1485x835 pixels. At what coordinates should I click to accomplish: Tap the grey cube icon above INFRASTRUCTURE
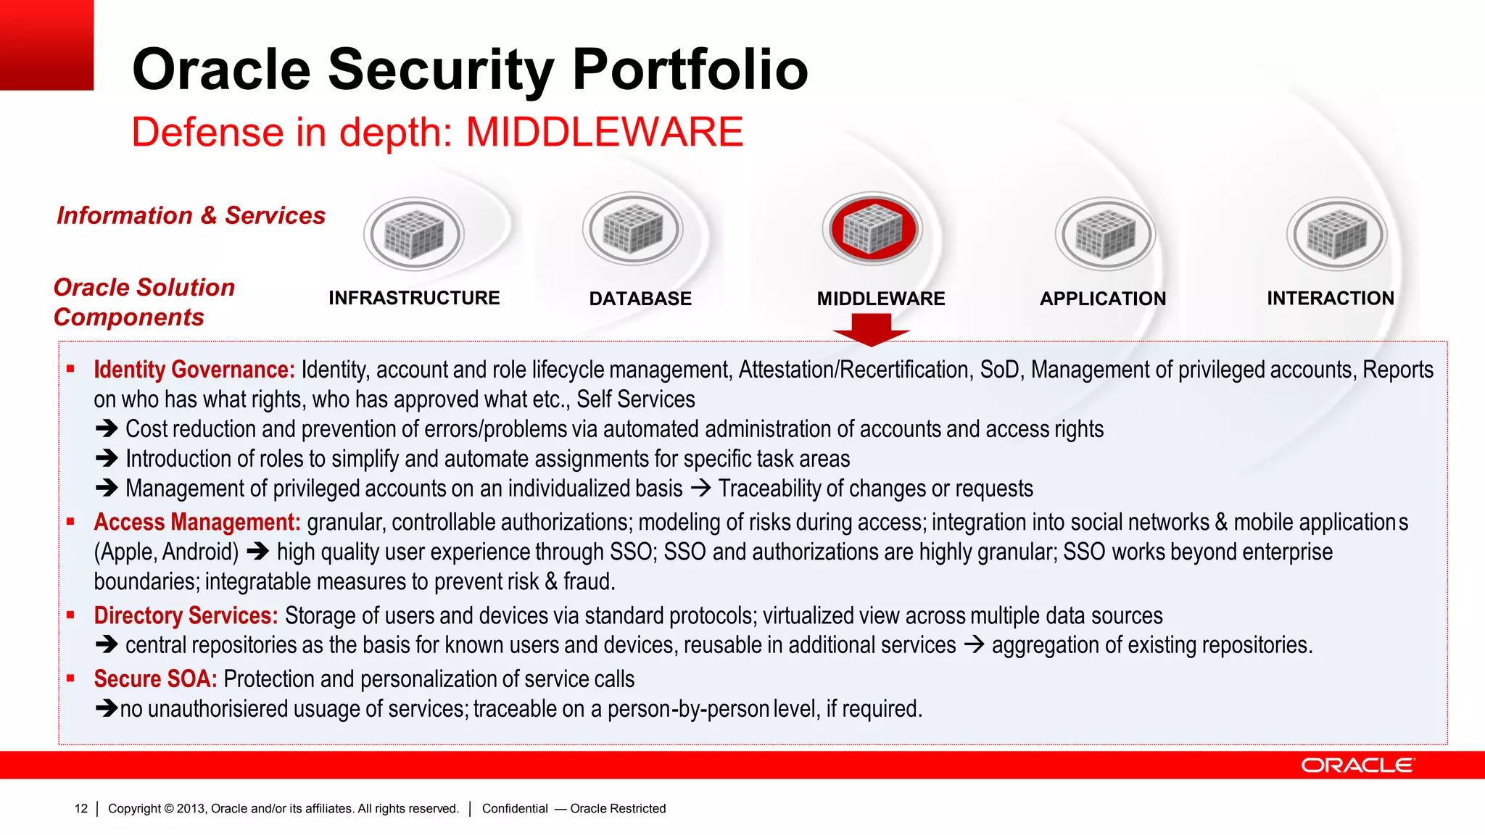(414, 234)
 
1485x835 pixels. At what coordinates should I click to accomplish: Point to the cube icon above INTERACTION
(1336, 234)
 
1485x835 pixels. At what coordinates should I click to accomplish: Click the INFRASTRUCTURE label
(414, 298)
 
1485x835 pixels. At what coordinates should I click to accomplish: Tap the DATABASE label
(640, 299)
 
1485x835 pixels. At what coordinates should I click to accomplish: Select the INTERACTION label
(1330, 298)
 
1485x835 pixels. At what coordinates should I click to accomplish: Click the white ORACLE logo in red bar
(1357, 765)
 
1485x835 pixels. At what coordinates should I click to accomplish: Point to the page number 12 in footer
(81, 808)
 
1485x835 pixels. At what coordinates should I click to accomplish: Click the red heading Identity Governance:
(194, 370)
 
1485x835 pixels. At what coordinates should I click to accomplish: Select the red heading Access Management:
(197, 522)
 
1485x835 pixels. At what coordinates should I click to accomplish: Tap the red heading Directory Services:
(186, 615)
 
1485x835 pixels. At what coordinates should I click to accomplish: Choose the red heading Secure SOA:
(155, 679)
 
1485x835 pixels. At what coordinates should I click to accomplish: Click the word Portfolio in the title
(690, 70)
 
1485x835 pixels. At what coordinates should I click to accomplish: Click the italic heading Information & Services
(191, 215)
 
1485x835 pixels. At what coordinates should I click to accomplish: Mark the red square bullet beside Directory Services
(70, 615)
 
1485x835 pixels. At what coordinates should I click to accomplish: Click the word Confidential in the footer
(515, 808)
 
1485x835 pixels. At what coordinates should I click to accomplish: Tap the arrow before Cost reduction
(107, 429)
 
